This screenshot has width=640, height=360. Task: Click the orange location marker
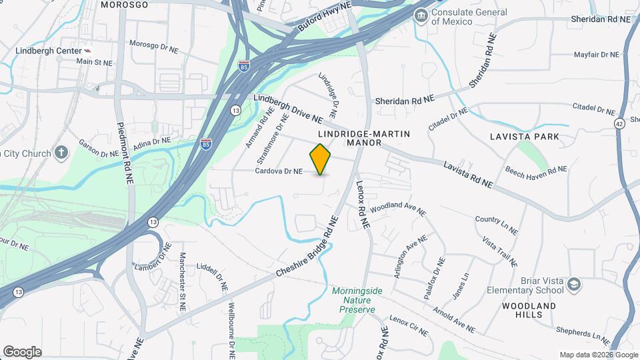[x=321, y=159]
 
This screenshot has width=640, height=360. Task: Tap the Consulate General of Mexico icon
[x=421, y=15]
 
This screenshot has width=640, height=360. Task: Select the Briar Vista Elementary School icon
[x=573, y=286]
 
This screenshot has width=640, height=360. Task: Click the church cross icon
[x=61, y=153]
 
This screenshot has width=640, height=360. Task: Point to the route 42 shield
[x=619, y=123]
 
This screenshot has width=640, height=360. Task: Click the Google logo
[x=22, y=352]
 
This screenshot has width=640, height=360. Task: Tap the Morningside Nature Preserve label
[x=354, y=300]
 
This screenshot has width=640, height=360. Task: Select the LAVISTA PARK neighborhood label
[x=523, y=137]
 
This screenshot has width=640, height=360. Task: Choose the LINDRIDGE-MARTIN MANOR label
[x=363, y=138]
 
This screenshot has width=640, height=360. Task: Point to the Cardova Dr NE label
[x=279, y=171]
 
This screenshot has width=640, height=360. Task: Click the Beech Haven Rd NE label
[x=536, y=173]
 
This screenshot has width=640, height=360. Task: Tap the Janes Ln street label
[x=460, y=285]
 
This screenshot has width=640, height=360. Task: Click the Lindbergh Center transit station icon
[x=89, y=51]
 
